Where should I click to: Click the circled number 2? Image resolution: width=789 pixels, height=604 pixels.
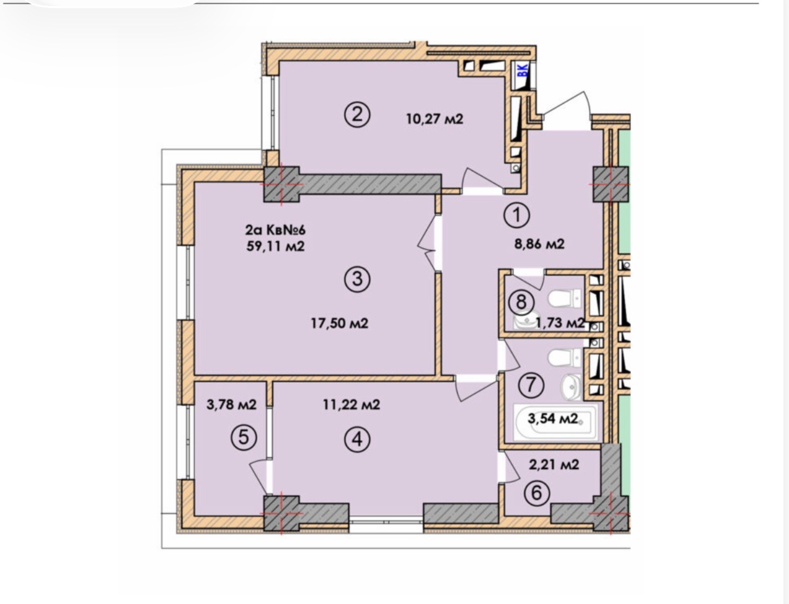coord(357,115)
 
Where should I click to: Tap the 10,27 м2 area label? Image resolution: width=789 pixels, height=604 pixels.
coord(434,119)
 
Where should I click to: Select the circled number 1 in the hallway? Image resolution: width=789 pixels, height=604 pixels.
coord(517,215)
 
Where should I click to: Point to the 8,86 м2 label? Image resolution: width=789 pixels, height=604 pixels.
coord(539,244)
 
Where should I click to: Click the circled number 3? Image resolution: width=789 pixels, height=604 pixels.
coord(357,279)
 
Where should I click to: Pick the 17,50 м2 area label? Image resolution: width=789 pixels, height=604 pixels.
coord(340,323)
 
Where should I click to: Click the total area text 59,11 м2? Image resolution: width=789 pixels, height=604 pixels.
coord(276,246)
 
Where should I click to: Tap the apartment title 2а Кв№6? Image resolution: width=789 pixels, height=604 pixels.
coord(276,229)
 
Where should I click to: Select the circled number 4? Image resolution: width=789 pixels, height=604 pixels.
coord(357,440)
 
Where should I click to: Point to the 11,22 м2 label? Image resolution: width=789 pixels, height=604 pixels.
coord(352,405)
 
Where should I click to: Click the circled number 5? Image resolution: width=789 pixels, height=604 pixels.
coord(243,438)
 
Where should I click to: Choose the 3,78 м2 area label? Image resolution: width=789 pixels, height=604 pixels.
coord(232,405)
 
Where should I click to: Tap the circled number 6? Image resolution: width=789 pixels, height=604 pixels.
coord(536,493)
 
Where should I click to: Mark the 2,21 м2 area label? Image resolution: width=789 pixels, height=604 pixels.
coord(554,465)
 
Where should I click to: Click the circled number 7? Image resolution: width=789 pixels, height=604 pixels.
coord(531,385)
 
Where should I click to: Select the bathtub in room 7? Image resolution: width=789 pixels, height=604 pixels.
coord(555,422)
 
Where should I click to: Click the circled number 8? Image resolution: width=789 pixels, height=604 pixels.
coord(521,301)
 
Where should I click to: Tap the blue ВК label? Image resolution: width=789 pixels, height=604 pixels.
coord(523,69)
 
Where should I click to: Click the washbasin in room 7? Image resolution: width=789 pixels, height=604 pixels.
coord(571,387)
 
